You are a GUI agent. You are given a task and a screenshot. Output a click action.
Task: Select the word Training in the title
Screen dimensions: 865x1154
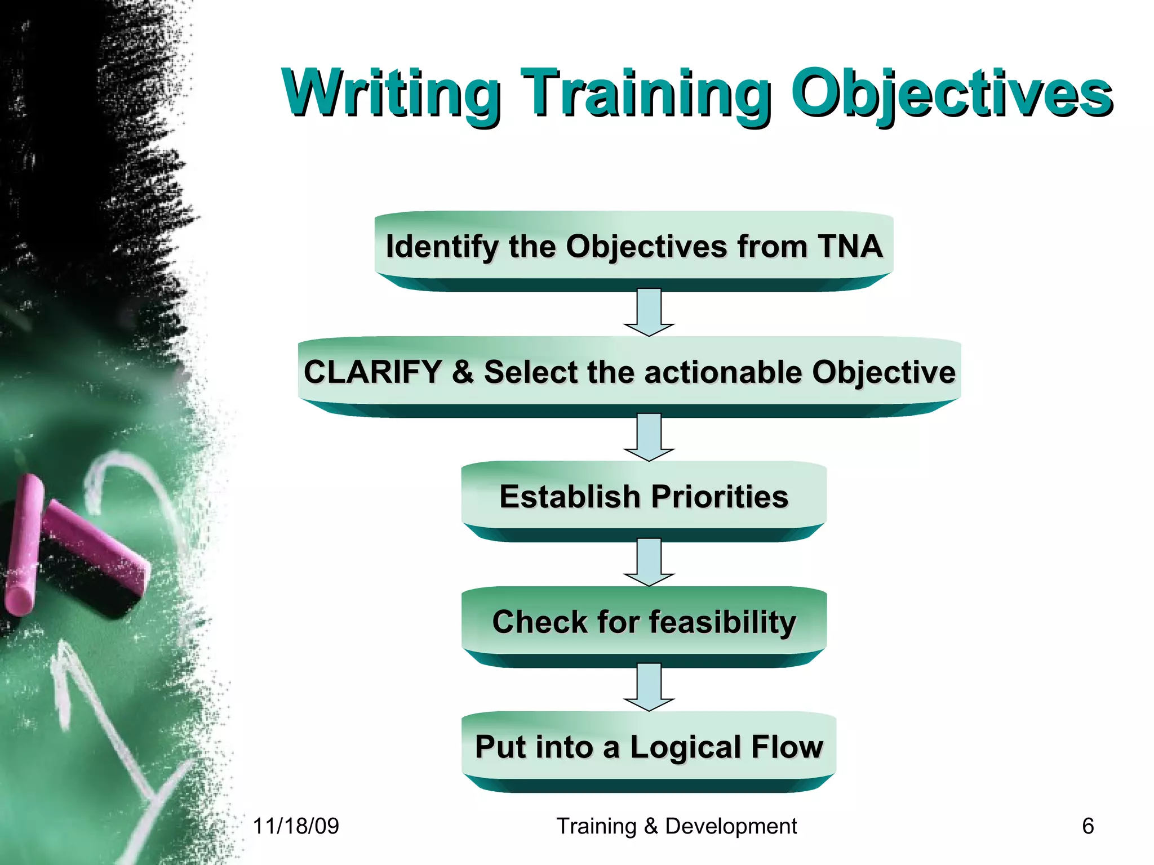pos(645,93)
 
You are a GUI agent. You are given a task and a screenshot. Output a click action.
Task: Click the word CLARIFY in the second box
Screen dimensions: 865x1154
pos(372,372)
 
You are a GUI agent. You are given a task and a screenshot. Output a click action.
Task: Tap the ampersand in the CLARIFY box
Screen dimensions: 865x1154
pos(463,372)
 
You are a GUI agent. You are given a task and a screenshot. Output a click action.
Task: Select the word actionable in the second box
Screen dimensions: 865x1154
pos(723,372)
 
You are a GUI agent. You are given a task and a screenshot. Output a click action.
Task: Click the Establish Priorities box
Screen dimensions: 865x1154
pos(643,497)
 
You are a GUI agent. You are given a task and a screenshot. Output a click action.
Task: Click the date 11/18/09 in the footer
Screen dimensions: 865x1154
pos(295,826)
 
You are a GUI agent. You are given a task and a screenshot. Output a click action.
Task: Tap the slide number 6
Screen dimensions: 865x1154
pos(1088,826)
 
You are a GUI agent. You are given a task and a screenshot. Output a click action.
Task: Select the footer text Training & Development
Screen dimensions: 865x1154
pos(676,826)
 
